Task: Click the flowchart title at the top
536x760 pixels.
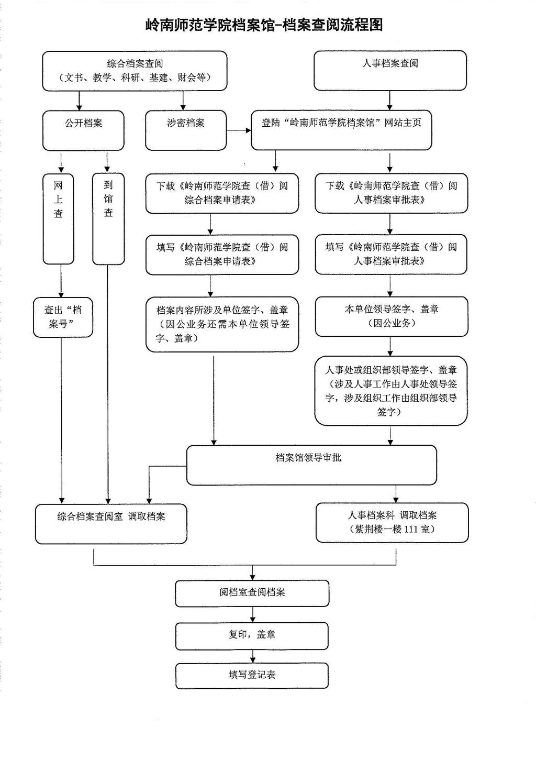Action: [x=264, y=25]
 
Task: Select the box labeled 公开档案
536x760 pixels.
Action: [x=83, y=130]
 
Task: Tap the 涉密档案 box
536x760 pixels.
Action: [x=186, y=130]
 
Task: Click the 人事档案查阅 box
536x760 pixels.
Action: [x=390, y=70]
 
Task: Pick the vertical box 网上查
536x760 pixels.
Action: [x=58, y=218]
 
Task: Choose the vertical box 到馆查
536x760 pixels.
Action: [x=108, y=218]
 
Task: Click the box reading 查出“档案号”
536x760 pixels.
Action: [x=63, y=317]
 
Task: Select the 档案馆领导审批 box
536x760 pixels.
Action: [x=311, y=465]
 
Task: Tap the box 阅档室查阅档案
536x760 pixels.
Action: [x=252, y=593]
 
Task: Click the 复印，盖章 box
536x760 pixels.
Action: [x=252, y=635]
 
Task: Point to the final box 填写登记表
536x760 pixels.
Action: [x=252, y=675]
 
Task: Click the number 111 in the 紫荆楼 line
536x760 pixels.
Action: [x=411, y=530]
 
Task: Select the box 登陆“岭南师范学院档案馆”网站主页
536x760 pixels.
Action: [x=341, y=129]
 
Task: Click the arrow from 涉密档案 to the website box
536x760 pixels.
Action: [x=239, y=130]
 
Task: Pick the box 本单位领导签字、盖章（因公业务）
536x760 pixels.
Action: [x=391, y=316]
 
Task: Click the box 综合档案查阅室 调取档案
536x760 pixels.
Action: [x=111, y=523]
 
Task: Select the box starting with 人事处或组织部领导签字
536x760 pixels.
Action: [x=390, y=390]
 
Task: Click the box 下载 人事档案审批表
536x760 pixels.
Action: [x=391, y=193]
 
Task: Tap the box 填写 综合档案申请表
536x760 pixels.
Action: [x=222, y=255]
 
